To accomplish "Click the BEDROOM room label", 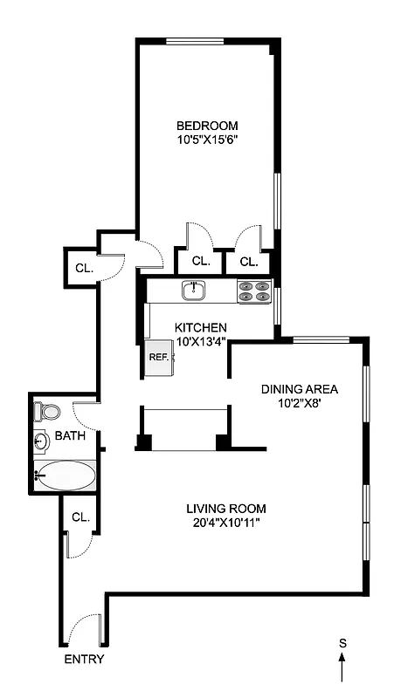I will click(x=206, y=125).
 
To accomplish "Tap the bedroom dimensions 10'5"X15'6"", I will click(x=206, y=138).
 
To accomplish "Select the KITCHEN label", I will click(x=202, y=328).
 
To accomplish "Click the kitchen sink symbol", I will click(x=192, y=290).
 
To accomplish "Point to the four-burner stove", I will click(x=253, y=291).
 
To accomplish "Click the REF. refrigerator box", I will click(x=158, y=357).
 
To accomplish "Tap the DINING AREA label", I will click(x=300, y=389).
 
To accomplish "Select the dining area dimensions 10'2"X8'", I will click(x=300, y=403).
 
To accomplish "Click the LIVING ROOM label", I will click(x=226, y=509).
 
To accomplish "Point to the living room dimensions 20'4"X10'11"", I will click(x=226, y=523).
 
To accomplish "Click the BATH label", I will click(x=69, y=435).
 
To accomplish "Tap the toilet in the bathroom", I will click(x=45, y=410).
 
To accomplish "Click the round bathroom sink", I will click(x=40, y=441).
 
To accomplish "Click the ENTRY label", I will click(x=84, y=660).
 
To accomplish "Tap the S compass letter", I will click(x=342, y=643).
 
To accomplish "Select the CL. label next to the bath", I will click(x=80, y=517).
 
